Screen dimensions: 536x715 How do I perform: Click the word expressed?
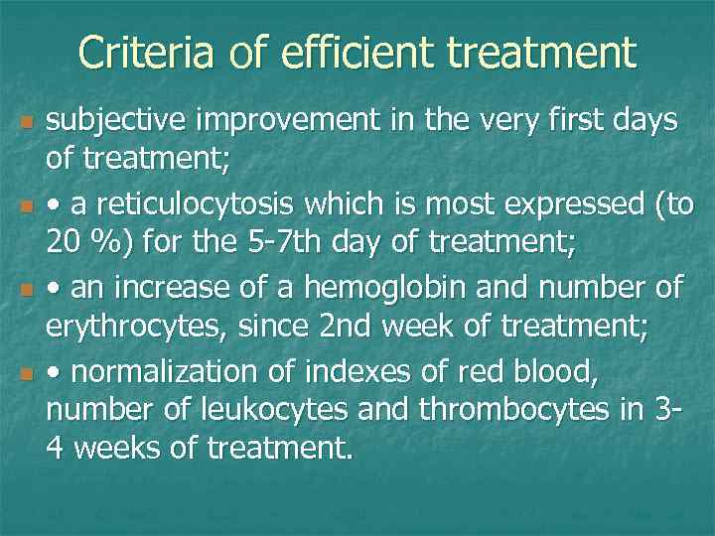[548, 205]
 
